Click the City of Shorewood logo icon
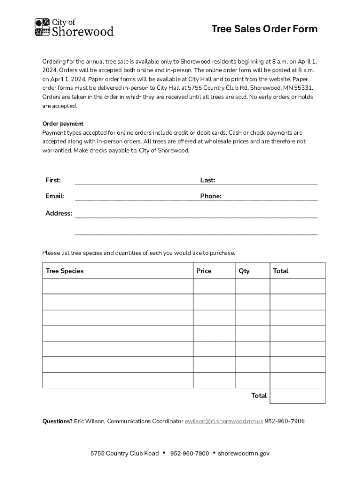tap(42, 27)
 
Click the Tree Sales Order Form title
tap(264, 29)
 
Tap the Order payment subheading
tap(63, 123)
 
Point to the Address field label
tap(58, 213)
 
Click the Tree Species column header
tap(65, 271)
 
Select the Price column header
tap(204, 271)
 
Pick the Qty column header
tap(244, 271)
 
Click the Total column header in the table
tap(281, 271)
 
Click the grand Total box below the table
tap(297, 396)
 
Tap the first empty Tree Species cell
tap(118, 286)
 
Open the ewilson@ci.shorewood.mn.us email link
tap(224, 421)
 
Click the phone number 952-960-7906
tap(285, 421)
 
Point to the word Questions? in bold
tap(58, 421)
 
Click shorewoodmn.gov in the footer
tap(244, 453)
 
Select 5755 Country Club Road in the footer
tap(124, 453)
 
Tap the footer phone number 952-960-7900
tap(189, 453)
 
